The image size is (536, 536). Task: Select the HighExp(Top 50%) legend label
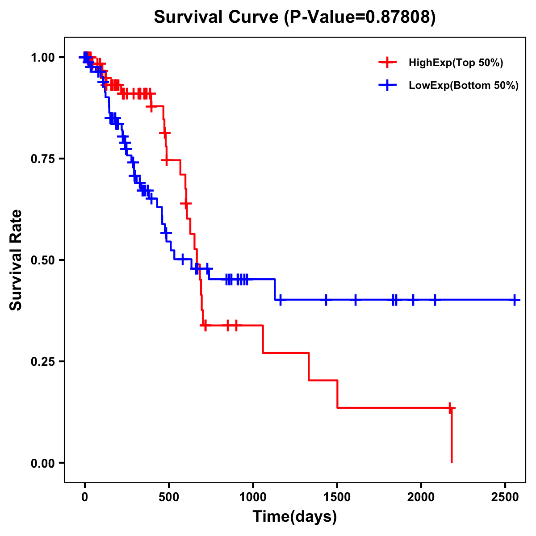[456, 63]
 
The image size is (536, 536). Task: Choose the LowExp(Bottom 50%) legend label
[464, 85]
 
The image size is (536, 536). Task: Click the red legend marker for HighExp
[387, 63]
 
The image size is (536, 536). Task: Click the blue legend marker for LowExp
[387, 85]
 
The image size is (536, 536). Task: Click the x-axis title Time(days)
[295, 517]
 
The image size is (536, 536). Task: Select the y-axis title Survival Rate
[16, 260]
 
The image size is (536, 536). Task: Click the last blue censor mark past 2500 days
[515, 300]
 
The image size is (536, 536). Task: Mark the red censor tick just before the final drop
[450, 408]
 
